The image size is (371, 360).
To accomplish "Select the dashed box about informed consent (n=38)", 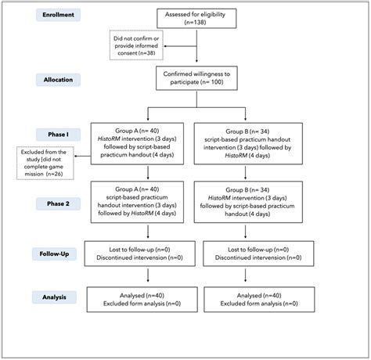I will (x=136, y=47).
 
